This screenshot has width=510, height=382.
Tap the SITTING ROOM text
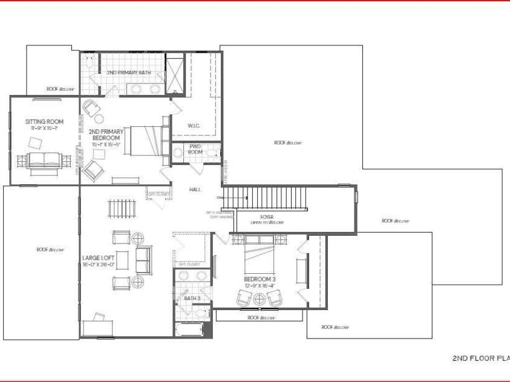coord(41,121)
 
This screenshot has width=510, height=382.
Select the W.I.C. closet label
coord(194,126)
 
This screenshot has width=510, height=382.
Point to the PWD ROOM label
coord(195,149)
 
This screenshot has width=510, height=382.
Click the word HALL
coord(195,190)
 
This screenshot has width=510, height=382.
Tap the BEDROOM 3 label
coord(260,279)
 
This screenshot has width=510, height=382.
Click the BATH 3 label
coord(192,298)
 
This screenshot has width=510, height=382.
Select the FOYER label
coord(267,216)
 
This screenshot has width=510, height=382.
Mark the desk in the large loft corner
coord(97,327)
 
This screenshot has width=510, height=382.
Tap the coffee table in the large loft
coord(122,260)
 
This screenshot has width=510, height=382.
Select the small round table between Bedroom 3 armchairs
coord(260,298)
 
